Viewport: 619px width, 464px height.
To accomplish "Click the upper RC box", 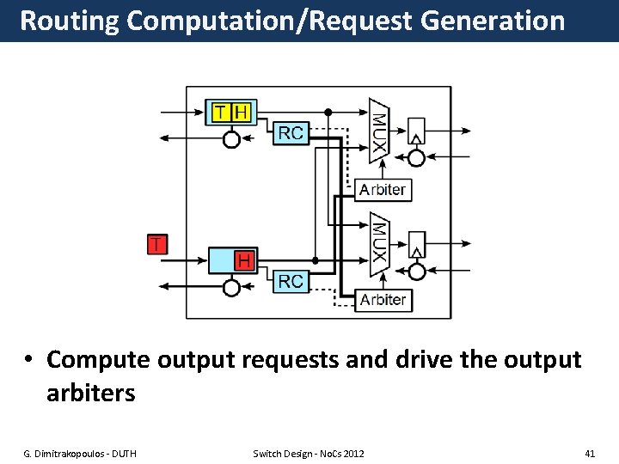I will point(291,132).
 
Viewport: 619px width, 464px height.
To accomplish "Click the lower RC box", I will point(291,281).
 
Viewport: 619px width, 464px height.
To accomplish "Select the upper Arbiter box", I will point(383,190).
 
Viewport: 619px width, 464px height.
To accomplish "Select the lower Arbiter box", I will point(383,299).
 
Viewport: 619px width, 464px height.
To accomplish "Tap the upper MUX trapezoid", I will point(379,130).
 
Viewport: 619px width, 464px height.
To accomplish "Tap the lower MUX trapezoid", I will point(379,244).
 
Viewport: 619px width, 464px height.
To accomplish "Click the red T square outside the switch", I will point(156,244).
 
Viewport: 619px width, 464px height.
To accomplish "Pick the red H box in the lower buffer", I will point(245,259).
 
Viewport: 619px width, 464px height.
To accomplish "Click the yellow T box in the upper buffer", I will point(221,112).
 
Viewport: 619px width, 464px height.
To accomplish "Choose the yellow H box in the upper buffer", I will point(242,112).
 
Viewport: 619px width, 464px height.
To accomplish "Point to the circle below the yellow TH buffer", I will point(231,139).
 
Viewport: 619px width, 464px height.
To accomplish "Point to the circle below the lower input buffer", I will point(231,287).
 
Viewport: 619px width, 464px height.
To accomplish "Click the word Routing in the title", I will point(69,21).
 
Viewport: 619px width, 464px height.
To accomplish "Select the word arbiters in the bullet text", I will point(90,394).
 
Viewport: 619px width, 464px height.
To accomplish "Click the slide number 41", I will point(589,453).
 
